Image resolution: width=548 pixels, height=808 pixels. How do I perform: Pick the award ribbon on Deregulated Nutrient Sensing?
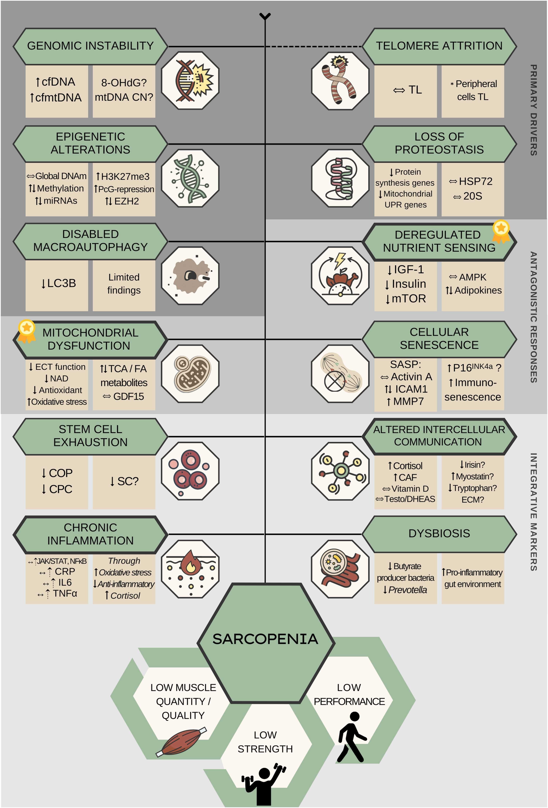point(501,231)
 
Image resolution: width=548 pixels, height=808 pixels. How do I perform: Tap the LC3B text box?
point(58,283)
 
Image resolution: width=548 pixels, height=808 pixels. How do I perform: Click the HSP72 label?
point(475,181)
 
